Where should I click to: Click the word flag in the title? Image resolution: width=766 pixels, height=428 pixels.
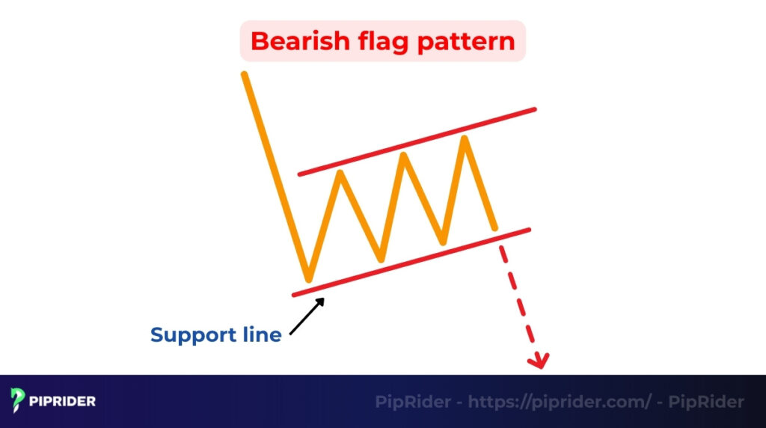376,40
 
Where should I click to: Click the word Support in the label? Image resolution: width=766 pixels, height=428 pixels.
192,335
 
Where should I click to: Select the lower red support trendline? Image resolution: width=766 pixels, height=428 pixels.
411,262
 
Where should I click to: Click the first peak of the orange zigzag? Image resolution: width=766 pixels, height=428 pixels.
340,173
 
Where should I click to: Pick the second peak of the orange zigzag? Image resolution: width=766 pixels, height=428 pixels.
404,155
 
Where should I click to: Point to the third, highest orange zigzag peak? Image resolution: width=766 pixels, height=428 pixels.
466,138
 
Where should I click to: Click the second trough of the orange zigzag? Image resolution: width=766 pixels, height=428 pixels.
381,260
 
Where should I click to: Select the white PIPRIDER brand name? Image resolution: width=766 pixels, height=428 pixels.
64,402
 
